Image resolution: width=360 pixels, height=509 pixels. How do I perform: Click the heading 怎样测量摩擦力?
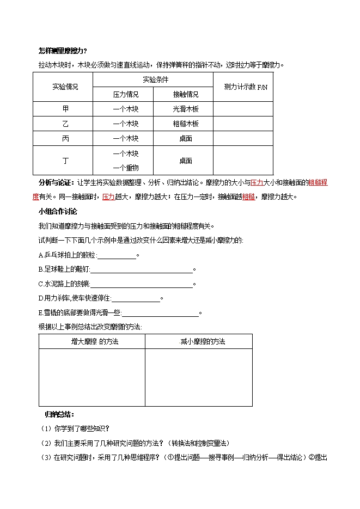63,51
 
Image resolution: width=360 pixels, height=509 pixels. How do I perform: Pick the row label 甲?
65,109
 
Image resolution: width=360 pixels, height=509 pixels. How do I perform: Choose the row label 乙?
65,124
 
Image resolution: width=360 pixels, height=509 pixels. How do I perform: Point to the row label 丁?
65,161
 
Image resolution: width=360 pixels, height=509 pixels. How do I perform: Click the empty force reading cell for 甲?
242,109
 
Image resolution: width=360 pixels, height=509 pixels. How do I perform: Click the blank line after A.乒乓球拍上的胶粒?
117,255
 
